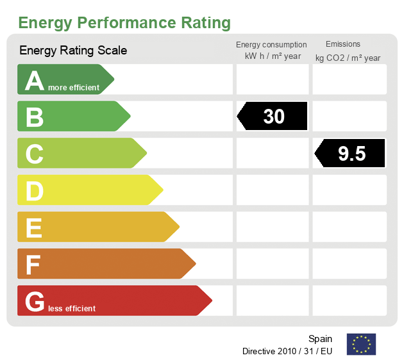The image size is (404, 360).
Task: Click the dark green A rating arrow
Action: click(64, 79)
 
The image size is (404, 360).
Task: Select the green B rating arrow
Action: click(72, 117)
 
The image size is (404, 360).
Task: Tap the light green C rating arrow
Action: click(81, 153)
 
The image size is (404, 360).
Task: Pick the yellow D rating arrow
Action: click(89, 190)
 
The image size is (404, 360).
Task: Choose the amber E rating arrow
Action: click(97, 227)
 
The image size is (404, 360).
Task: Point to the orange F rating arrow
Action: click(105, 264)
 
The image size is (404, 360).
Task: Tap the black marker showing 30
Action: click(273, 116)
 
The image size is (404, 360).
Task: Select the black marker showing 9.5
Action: click(350, 153)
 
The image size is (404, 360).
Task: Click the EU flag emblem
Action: click(361, 344)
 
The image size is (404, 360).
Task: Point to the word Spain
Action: click(320, 339)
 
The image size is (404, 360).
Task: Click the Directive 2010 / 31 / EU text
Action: click(287, 351)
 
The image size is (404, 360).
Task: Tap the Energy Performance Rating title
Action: click(124, 23)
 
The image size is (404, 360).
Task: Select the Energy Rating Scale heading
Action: click(73, 50)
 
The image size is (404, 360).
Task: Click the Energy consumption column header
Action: click(271, 45)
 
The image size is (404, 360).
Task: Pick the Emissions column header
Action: click(343, 44)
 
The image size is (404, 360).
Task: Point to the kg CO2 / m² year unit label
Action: click(348, 58)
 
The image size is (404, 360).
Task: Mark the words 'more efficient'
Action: click(74, 88)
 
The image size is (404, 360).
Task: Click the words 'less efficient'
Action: click(71, 309)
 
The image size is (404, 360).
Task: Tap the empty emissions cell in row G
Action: click(349, 300)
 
